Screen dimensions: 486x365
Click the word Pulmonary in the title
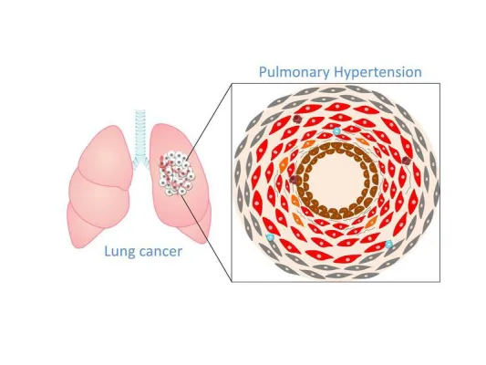pyautogui.click(x=295, y=72)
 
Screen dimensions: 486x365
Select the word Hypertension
pyautogui.click(x=377, y=72)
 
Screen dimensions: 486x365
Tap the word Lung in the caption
pyautogui.click(x=119, y=252)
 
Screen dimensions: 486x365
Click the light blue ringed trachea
pyautogui.click(x=140, y=137)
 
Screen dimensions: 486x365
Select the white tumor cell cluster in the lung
pyautogui.click(x=177, y=173)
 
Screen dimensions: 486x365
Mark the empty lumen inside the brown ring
pyautogui.click(x=336, y=181)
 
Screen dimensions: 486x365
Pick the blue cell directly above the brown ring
pyautogui.click(x=336, y=131)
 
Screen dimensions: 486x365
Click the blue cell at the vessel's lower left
pyautogui.click(x=270, y=237)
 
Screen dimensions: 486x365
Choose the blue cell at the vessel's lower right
pyautogui.click(x=388, y=245)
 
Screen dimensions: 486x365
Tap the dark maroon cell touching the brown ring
pyautogui.click(x=294, y=179)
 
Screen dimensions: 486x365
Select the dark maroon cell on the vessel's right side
pyautogui.click(x=407, y=161)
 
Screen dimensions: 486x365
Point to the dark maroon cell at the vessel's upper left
pyautogui.click(x=297, y=120)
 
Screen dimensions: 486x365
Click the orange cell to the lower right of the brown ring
pyautogui.click(x=371, y=222)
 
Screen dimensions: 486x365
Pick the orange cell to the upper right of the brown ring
pyautogui.click(x=361, y=141)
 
